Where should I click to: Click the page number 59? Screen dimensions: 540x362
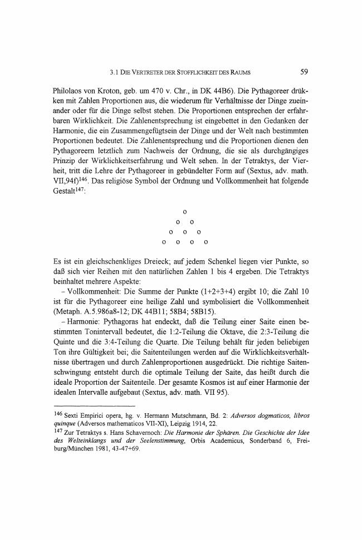[304, 71]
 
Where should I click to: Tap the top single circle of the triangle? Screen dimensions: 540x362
[184, 212]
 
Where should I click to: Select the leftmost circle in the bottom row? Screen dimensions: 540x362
[163, 242]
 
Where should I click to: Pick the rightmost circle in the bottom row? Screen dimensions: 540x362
[206, 242]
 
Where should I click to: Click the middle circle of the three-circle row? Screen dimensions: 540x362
[184, 232]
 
